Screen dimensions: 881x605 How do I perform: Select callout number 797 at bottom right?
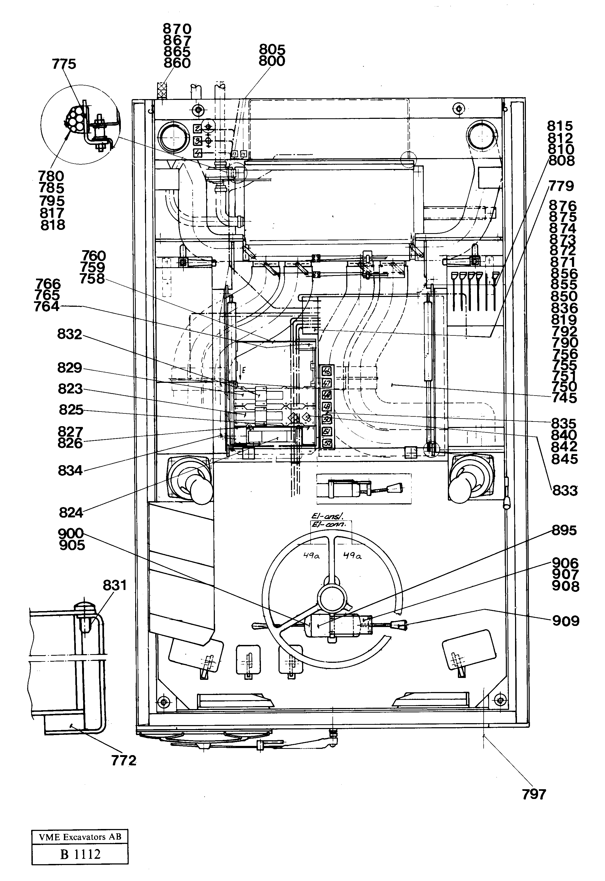pyautogui.click(x=534, y=794)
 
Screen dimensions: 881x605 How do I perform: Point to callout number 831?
pyautogui.click(x=115, y=585)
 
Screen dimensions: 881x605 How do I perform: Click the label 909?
pyautogui.click(x=565, y=621)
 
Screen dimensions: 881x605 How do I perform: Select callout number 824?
pyautogui.click(x=71, y=513)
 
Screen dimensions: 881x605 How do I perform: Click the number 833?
pyautogui.click(x=564, y=491)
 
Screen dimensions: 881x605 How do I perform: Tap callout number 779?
pyautogui.click(x=561, y=186)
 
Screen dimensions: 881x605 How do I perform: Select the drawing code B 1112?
pyautogui.click(x=80, y=851)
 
